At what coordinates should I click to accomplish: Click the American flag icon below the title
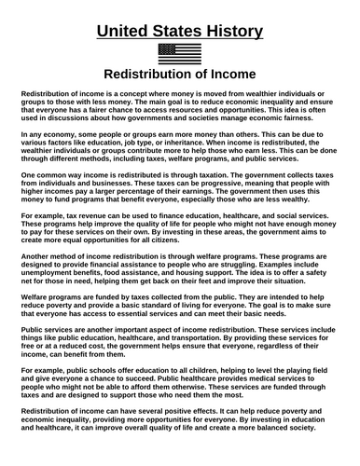[x=179, y=52]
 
